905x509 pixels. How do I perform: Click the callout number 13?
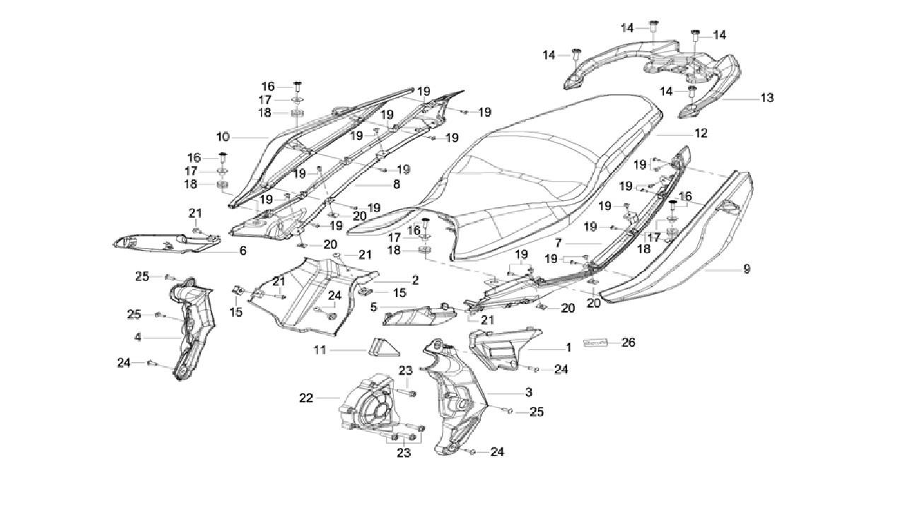coord(767,98)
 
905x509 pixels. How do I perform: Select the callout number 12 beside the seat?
coord(701,133)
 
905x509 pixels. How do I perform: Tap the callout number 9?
coord(747,269)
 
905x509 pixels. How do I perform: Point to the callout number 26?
coord(628,343)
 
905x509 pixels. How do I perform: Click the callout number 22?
coord(305,398)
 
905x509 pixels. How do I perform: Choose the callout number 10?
coord(223,136)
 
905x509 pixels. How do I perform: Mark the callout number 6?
coord(243,251)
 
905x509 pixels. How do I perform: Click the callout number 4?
coord(138,338)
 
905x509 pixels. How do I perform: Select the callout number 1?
coord(568,348)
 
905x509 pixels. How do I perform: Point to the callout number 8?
coord(396,184)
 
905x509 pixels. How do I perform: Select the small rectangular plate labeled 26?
coord(596,343)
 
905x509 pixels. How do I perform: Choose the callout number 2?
coord(415,280)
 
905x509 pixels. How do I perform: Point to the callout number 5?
coord(374,307)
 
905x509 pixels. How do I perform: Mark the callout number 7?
coord(559,242)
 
